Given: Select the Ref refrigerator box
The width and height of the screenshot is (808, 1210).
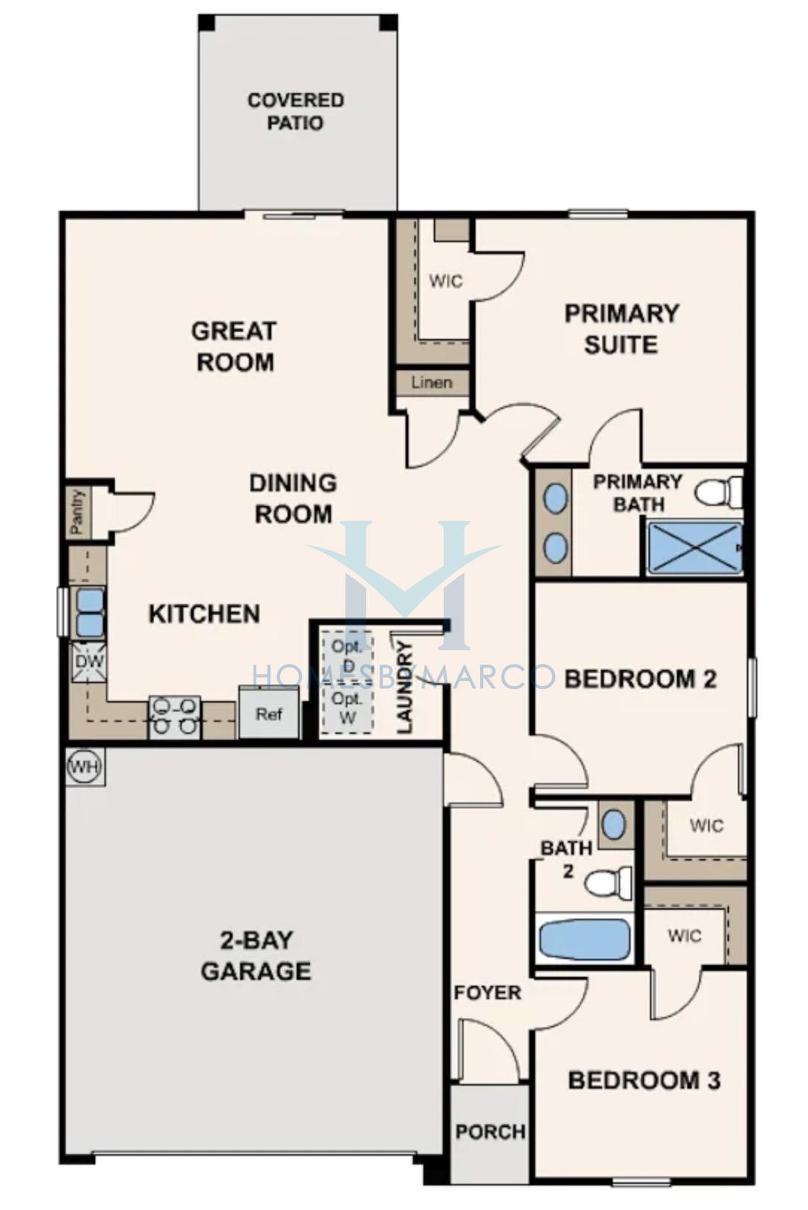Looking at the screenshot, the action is [269, 712].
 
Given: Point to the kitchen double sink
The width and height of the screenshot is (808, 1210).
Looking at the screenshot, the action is [89, 612].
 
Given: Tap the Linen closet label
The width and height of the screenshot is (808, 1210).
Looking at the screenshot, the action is [432, 382].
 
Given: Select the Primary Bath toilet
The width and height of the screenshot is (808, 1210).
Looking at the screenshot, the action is [718, 490].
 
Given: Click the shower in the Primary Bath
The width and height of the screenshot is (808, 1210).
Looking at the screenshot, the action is [693, 547].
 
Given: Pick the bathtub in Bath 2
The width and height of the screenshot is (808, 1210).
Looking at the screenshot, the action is [585, 938].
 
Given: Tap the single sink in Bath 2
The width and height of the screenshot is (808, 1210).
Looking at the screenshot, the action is [613, 824].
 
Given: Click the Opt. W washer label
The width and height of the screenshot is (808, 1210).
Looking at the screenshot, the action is [346, 708].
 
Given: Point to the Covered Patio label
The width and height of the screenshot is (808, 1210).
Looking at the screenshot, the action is [296, 111].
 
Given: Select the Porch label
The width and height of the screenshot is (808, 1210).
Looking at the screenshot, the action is [490, 1131].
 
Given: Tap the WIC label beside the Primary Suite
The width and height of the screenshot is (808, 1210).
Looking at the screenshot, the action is [446, 281].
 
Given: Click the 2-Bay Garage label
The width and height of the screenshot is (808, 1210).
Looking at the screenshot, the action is [256, 956].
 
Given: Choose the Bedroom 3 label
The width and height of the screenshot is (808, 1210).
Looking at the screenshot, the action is [644, 1080].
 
